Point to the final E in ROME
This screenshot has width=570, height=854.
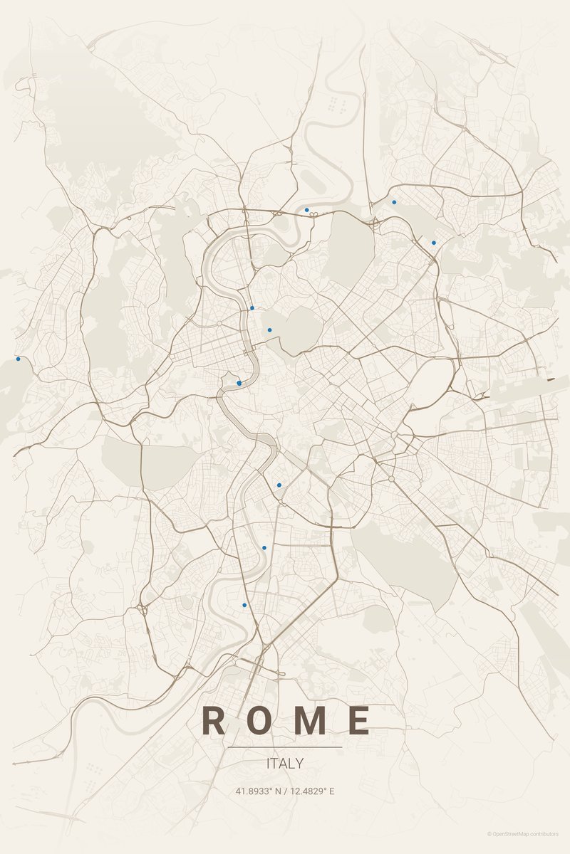[360, 721]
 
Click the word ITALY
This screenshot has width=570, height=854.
[285, 764]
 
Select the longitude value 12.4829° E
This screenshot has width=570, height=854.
[311, 791]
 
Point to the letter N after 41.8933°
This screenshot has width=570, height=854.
[276, 791]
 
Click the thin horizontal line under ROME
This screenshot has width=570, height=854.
[285, 747]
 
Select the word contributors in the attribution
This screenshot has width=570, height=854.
[545, 833]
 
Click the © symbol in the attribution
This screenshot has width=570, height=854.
[489, 833]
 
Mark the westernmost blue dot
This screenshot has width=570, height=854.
[18, 359]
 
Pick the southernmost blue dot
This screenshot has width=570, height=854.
[244, 605]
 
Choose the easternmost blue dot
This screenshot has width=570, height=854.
[433, 243]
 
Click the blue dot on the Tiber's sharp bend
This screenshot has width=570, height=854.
[239, 383]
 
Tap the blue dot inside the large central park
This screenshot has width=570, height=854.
[269, 330]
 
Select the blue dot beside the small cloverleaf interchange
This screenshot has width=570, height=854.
[306, 210]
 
